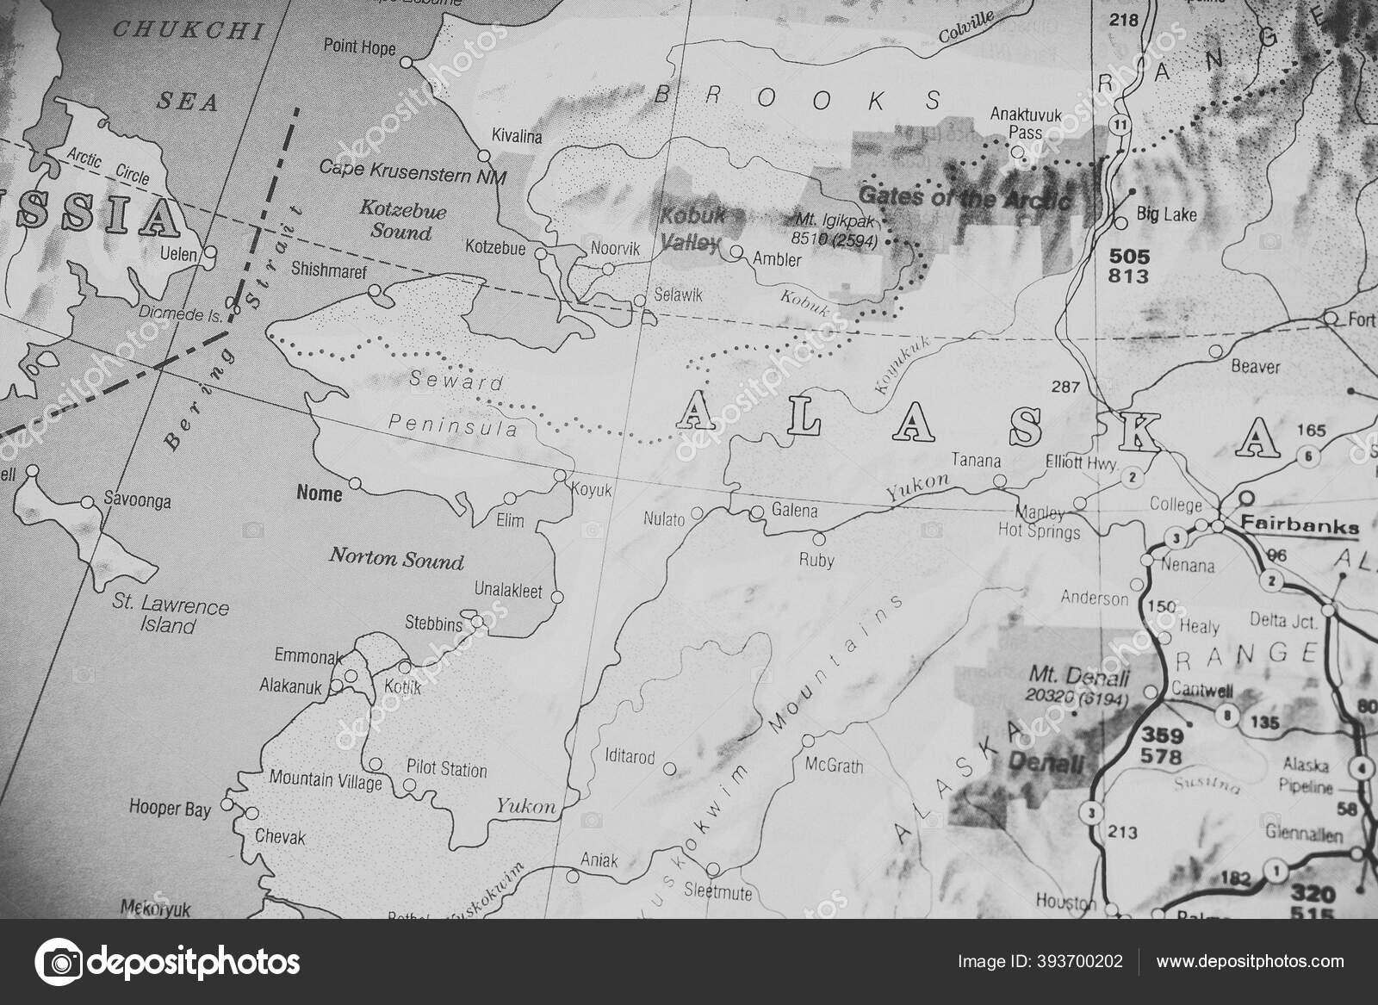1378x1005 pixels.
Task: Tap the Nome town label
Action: point(319,493)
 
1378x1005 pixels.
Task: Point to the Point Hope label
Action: point(359,47)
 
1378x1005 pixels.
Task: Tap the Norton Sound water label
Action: point(396,560)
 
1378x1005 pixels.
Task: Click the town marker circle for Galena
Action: point(757,512)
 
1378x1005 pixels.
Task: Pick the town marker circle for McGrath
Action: point(808,741)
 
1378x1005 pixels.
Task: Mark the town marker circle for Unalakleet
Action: point(556,596)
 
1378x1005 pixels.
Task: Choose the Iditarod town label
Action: point(630,758)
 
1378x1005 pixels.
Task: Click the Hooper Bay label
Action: point(170,809)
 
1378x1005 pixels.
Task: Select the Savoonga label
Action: point(137,500)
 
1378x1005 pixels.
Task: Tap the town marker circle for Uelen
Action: point(209,254)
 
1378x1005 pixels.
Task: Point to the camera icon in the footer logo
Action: point(58,961)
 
